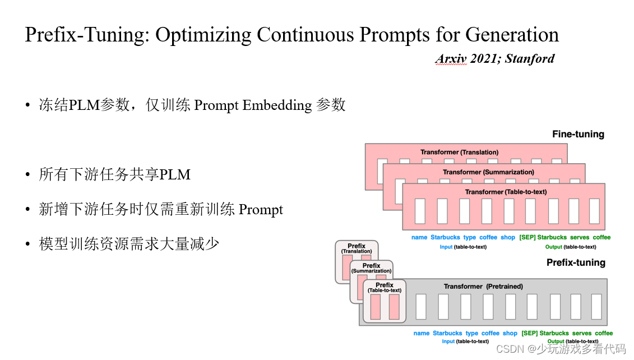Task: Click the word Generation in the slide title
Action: point(512,34)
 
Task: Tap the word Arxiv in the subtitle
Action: point(451,59)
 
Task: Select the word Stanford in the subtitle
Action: point(530,59)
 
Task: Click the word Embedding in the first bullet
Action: point(277,105)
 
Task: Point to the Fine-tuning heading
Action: point(578,134)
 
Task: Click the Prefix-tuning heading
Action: point(576,262)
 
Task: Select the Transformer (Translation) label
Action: point(459,152)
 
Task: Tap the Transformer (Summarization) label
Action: point(488,172)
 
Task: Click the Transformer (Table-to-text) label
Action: point(506,192)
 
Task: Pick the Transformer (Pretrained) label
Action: point(483,287)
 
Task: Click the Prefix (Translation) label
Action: point(356,248)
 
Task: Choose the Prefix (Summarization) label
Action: point(371,268)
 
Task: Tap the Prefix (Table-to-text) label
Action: point(385,288)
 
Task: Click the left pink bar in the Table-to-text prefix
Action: point(375,307)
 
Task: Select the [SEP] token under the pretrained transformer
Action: point(529,333)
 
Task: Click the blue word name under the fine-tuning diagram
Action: point(419,237)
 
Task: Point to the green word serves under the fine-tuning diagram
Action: point(580,237)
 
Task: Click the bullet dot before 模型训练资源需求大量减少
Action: point(27,244)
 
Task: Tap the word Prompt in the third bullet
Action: point(261,210)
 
